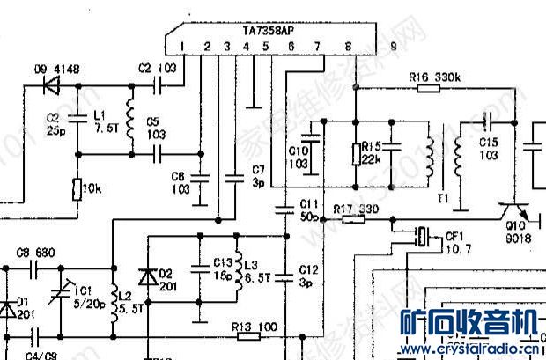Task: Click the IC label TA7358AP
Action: click(269, 30)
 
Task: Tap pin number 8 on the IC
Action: click(348, 46)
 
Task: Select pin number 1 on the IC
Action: click(180, 46)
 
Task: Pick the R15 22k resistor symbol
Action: click(355, 155)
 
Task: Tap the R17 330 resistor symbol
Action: click(353, 219)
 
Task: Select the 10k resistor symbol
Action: click(77, 189)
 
